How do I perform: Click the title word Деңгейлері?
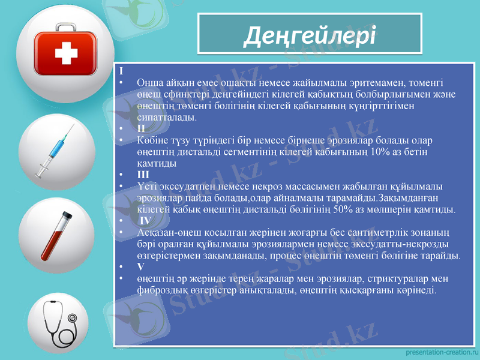tap(310, 36)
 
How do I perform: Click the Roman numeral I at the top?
tap(121, 71)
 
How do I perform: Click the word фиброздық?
tap(163, 290)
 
